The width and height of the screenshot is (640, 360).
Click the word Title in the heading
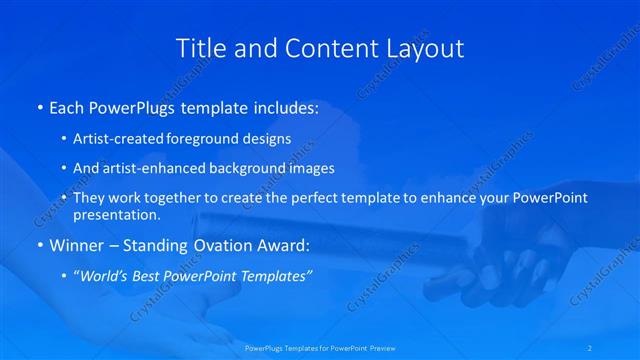pos(200,48)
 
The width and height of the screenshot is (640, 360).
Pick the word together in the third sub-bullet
pos(176,198)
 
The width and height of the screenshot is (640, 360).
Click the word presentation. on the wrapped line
pos(116,215)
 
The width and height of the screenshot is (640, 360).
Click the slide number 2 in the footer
pos(590,348)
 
